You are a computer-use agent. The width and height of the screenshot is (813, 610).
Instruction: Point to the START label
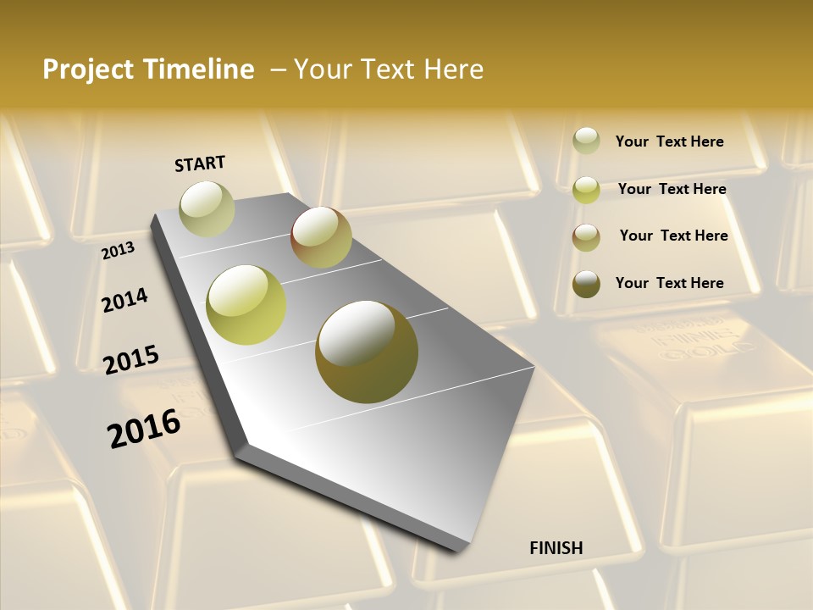[x=200, y=164]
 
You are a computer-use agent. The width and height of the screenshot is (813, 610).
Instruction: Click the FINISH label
[x=556, y=548]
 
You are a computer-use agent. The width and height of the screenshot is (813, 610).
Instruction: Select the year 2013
[x=119, y=251]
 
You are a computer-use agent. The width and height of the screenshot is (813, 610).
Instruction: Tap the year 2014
[x=125, y=300]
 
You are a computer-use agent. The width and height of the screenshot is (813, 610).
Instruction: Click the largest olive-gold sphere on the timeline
[x=367, y=352]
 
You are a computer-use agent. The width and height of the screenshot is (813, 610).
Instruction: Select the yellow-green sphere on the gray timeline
[x=246, y=305]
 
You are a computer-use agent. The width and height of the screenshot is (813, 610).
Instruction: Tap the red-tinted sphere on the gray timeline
[x=321, y=237]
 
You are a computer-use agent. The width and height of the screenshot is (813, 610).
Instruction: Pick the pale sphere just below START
[x=207, y=208]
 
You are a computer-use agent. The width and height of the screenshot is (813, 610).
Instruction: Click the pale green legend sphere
[x=586, y=141]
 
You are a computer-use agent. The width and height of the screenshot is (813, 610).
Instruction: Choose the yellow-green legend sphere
[x=586, y=190]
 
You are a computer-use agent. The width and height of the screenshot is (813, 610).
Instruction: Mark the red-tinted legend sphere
[x=586, y=237]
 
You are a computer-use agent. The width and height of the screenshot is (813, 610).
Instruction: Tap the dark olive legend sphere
[x=586, y=284]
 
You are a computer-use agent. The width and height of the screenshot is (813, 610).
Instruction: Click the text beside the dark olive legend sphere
[x=669, y=283]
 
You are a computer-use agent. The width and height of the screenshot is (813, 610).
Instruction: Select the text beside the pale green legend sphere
[x=669, y=141]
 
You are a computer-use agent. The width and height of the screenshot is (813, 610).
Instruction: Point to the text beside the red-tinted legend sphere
[x=673, y=236]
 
